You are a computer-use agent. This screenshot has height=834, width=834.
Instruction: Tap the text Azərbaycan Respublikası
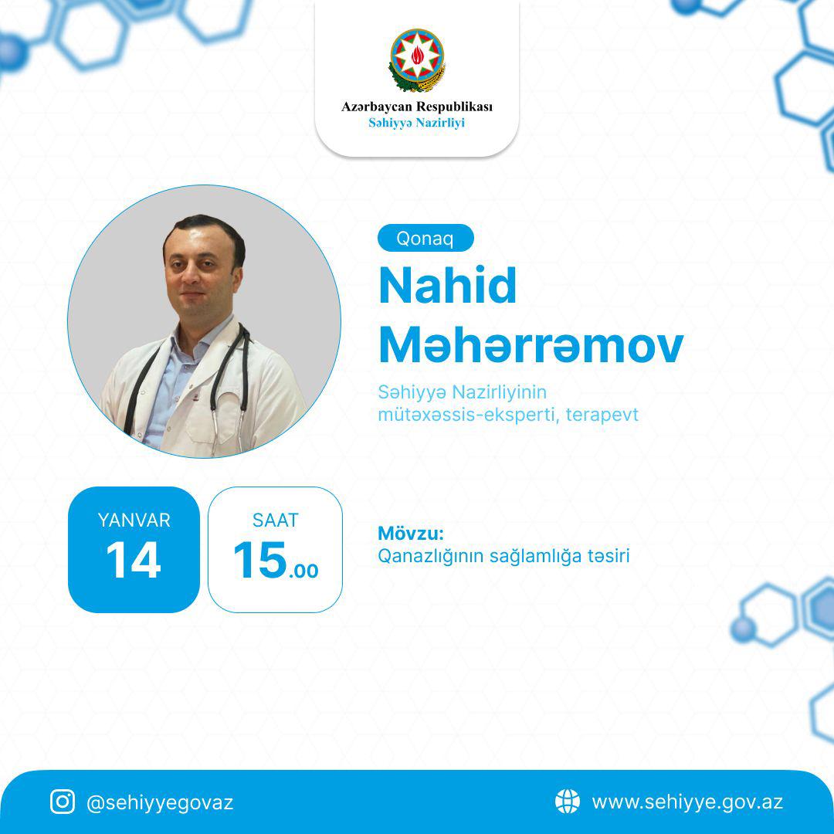(x=417, y=107)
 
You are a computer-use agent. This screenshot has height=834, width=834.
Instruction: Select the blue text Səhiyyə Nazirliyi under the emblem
(x=417, y=123)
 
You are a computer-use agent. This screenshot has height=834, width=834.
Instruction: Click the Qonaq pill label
(x=425, y=238)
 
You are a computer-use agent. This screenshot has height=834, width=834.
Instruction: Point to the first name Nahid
(x=447, y=286)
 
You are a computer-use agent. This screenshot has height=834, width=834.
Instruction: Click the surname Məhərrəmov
(x=531, y=345)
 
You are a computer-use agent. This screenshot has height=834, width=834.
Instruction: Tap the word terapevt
(x=602, y=415)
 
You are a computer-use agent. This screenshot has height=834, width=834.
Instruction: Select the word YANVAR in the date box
(x=134, y=520)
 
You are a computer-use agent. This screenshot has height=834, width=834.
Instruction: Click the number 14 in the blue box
(x=134, y=560)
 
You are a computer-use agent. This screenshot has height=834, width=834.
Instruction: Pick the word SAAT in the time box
(x=275, y=520)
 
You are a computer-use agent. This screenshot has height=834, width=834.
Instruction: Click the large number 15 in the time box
(x=260, y=560)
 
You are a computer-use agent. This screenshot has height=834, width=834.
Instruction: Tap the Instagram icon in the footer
(x=63, y=802)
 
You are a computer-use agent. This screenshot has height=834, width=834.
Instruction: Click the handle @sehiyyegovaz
(x=160, y=802)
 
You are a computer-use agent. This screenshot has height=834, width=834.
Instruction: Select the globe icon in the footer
(x=567, y=801)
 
